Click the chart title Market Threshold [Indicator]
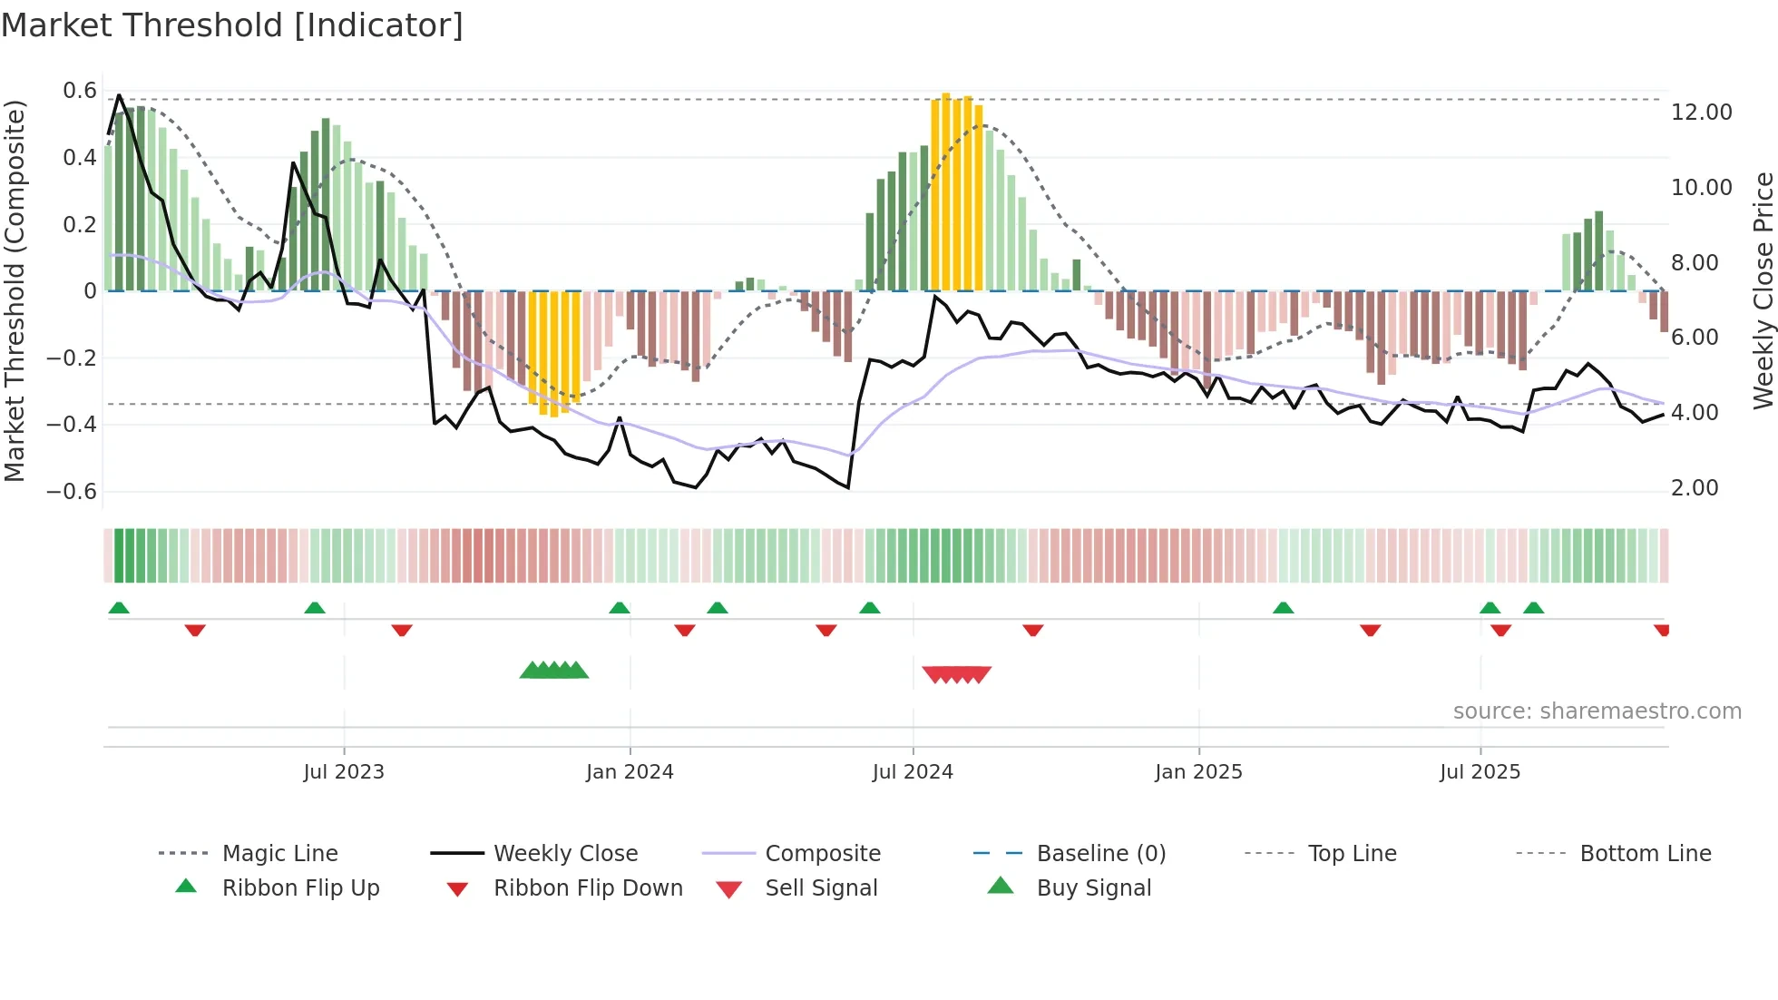click(x=232, y=25)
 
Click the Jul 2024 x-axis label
click(x=913, y=772)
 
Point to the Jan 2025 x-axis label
click(x=1198, y=772)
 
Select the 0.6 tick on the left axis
click(x=80, y=91)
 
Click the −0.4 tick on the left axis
click(x=72, y=425)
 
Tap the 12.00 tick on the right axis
click(x=1701, y=113)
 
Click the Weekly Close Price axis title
click(x=1763, y=290)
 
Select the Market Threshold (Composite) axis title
click(x=15, y=290)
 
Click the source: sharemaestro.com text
click(x=1597, y=711)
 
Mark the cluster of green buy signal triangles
click(x=554, y=671)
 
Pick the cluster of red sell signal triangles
click(x=956, y=674)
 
